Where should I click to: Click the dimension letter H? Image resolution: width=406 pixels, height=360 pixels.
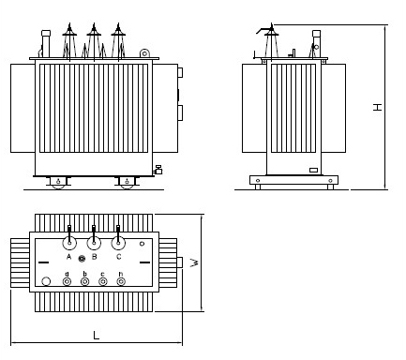(x=377, y=107)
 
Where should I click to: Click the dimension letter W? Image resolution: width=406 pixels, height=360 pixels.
(x=193, y=263)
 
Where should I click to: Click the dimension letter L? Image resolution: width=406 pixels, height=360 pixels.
(x=97, y=335)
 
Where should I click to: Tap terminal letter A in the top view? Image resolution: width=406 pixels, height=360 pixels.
(x=69, y=256)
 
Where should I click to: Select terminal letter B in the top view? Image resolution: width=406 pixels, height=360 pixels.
(x=94, y=256)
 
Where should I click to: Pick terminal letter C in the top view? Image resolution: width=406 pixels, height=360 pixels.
(x=118, y=256)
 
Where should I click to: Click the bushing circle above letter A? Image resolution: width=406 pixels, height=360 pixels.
(x=69, y=242)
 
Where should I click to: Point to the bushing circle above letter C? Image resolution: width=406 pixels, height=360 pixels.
(x=118, y=242)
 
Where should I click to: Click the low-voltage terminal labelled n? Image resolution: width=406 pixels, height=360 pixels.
(x=120, y=281)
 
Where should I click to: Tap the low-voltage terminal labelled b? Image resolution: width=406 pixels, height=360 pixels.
(x=84, y=281)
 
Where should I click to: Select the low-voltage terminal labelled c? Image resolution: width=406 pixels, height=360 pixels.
(x=102, y=281)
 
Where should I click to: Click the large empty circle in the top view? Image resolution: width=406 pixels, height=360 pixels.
(x=46, y=280)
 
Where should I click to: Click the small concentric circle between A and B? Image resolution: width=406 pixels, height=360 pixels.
(x=83, y=259)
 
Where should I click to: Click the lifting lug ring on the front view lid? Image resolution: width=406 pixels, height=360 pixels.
(x=143, y=54)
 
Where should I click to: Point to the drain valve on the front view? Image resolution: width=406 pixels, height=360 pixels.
(x=158, y=170)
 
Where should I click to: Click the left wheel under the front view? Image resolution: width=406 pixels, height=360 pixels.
(x=58, y=182)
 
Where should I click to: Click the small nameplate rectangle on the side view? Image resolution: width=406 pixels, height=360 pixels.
(x=314, y=170)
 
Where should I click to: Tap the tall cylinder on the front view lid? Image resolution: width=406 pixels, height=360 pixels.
(x=43, y=43)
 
